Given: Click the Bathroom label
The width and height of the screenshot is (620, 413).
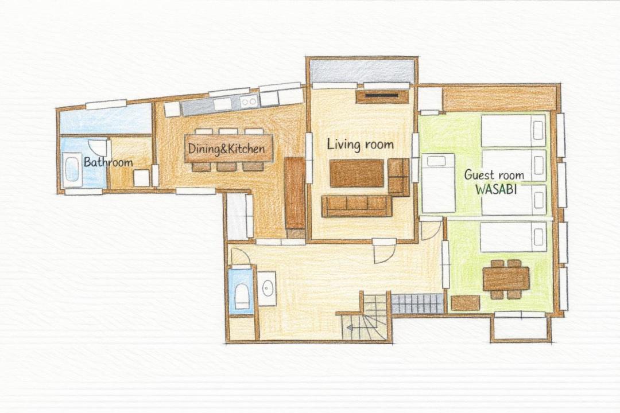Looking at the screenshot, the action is pos(108,162).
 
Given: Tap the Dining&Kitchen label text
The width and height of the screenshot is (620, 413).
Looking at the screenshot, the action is pos(226,149).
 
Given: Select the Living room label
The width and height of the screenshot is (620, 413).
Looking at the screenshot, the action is pos(360,145).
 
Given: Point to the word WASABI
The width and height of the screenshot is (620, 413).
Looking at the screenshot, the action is pos(496,189).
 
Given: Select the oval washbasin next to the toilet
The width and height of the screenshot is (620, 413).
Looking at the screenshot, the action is pos(268,288).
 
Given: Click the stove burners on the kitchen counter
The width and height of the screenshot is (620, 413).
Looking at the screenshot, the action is pos(249,102).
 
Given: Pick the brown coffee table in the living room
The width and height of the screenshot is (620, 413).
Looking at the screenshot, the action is pos(356,173).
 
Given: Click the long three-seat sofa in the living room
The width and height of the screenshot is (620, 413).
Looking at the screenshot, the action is pos(356,206).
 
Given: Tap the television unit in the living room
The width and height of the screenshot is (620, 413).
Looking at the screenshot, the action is pos(382,96).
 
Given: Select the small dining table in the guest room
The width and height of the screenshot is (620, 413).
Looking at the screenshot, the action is pos(506,278).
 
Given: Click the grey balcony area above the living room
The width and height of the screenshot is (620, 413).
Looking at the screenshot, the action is pos(362,71).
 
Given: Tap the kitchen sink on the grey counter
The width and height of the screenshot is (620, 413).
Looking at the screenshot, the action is pos(223,104).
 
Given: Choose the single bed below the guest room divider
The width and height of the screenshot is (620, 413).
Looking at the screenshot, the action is pos(513,237).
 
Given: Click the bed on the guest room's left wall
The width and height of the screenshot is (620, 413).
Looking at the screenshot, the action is pos(438,184).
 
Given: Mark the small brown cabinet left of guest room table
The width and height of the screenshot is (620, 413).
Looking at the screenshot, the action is pos(466,303).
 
